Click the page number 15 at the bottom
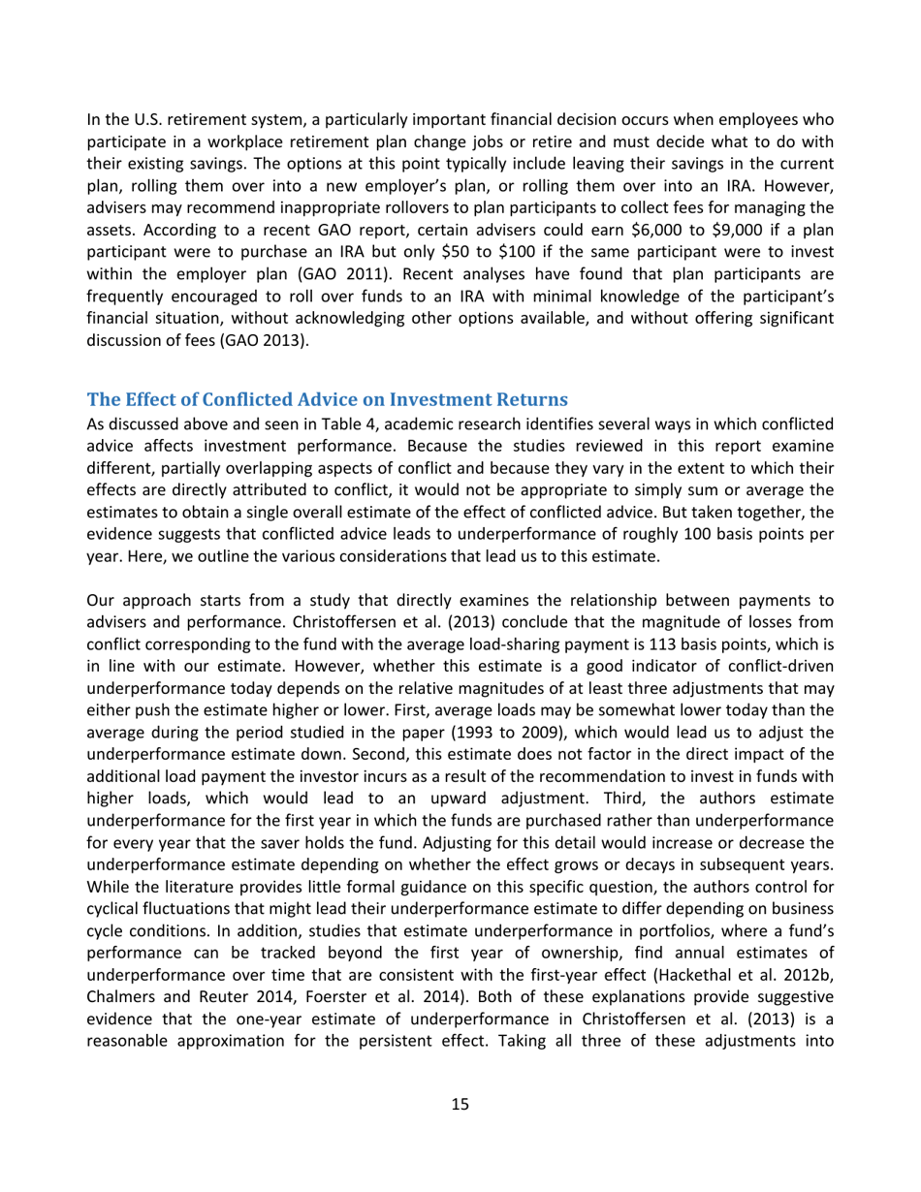pyautogui.click(x=460, y=1104)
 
